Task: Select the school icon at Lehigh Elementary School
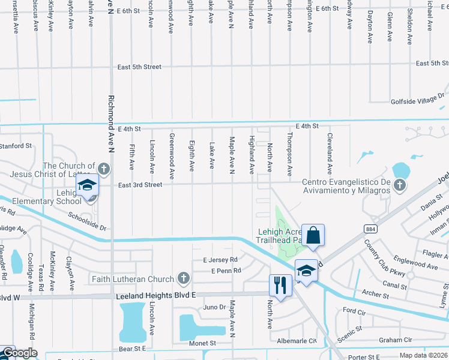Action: (88, 186)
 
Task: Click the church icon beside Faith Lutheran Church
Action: (184, 278)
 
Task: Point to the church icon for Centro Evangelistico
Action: (399, 186)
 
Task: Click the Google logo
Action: (19, 353)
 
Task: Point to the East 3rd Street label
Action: (140, 185)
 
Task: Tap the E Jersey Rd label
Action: (220, 260)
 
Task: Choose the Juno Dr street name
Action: (214, 307)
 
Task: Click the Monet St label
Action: (203, 343)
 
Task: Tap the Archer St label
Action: (376, 295)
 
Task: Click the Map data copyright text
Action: (423, 356)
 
